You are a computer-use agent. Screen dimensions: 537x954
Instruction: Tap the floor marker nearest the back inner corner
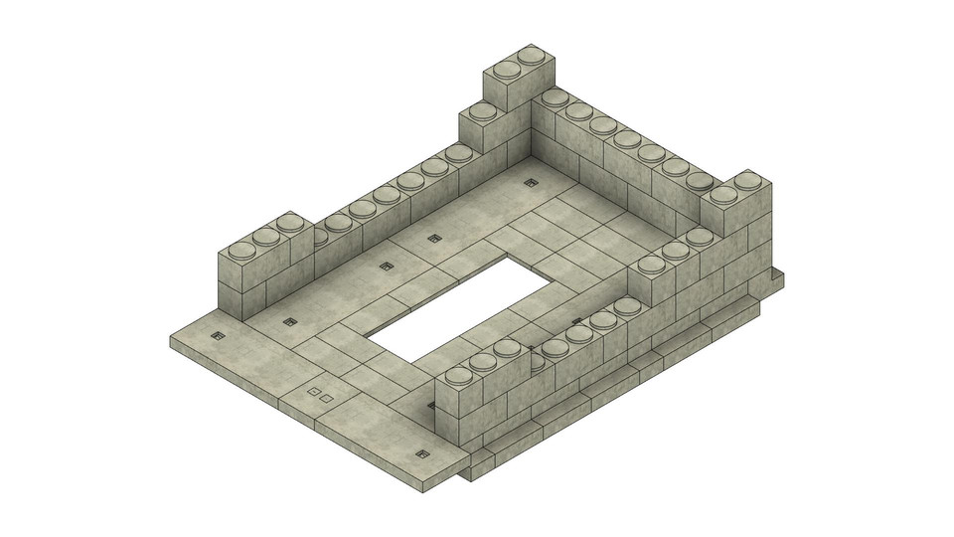point(531,182)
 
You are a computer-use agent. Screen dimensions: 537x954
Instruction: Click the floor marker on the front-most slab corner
point(421,454)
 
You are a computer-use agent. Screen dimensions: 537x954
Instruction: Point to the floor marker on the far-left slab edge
point(219,337)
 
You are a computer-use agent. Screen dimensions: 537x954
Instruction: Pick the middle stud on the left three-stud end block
point(265,236)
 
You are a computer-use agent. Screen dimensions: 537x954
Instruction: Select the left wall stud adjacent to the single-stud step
point(458,153)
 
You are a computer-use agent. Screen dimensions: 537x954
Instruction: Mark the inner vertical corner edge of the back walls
point(532,129)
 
